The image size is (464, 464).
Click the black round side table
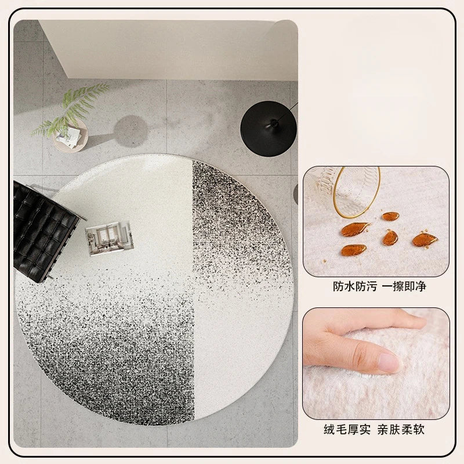268,129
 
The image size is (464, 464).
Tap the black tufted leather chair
45,231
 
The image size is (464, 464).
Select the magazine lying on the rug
110,238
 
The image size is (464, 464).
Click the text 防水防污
355,286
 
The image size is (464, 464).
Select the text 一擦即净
404,286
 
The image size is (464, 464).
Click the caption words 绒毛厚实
347,429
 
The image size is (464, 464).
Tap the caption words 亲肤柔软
401,429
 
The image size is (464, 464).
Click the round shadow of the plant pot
130,131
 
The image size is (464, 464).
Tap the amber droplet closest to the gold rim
390,216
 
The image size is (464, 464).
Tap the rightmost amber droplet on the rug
425,240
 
